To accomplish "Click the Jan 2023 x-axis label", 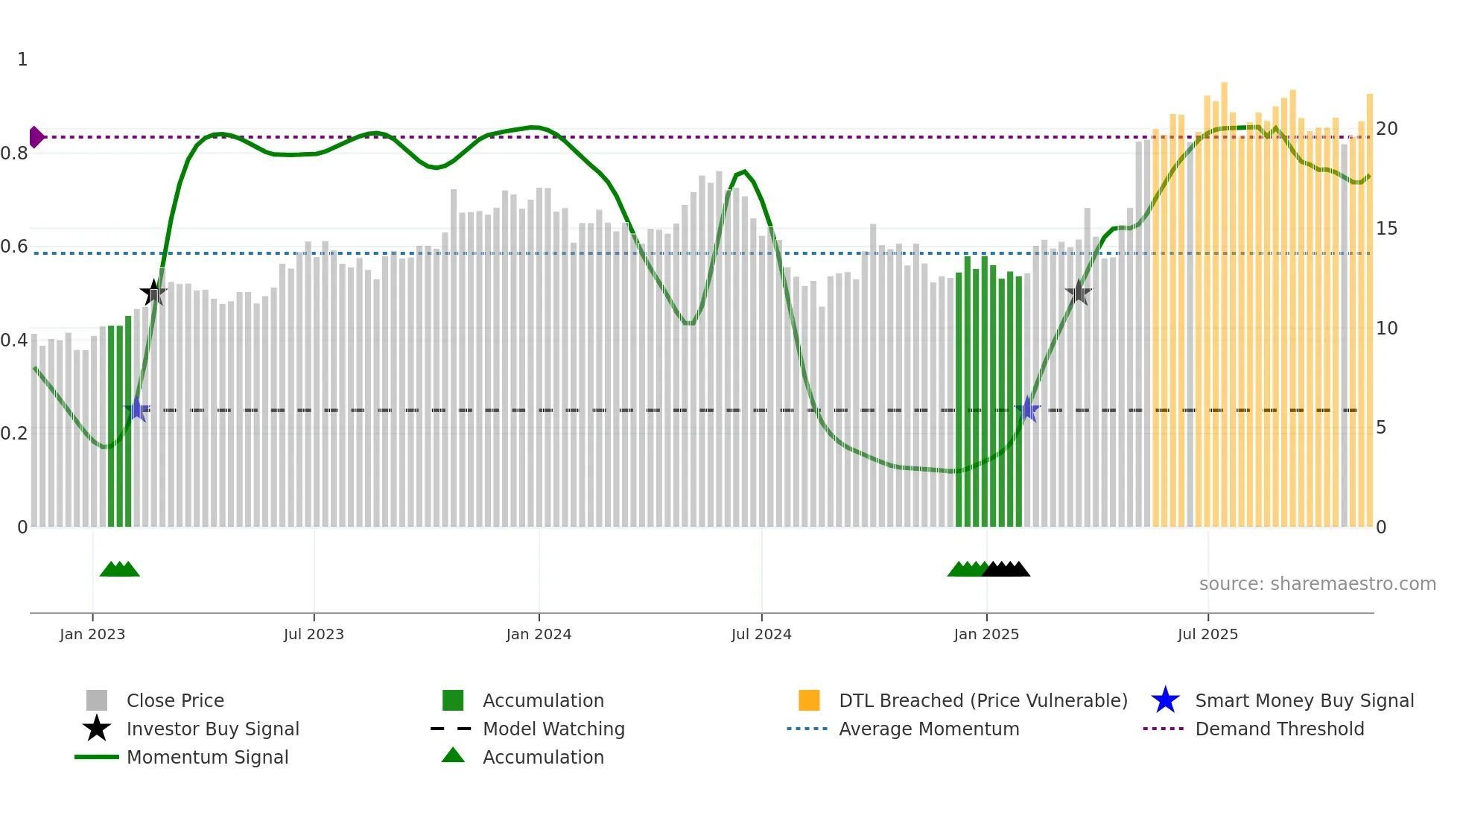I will (x=92, y=634).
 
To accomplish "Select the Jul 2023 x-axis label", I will (x=314, y=634).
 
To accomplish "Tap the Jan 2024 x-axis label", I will (x=539, y=634).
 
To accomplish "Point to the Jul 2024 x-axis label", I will (x=761, y=634).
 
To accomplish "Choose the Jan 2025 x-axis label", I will (x=986, y=634).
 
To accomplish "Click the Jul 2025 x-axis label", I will (x=1207, y=634).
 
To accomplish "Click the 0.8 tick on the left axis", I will (x=14, y=153).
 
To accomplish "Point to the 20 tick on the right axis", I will (x=1386, y=129).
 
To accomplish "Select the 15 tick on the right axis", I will (x=1386, y=229).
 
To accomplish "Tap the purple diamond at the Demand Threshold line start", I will (x=36, y=137).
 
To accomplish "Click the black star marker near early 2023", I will (x=153, y=293).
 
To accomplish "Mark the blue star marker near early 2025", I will (x=1027, y=409).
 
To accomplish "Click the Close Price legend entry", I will (x=175, y=700).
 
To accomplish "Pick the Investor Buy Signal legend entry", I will (x=212, y=729).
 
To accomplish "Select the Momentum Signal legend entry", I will (x=207, y=757).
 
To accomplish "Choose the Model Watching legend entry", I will (x=553, y=729).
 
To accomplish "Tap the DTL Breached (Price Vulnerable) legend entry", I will (x=983, y=700).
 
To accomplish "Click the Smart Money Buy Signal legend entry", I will (x=1304, y=700).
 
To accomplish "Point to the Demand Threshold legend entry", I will (x=1279, y=729).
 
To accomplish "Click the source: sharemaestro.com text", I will (x=1317, y=584).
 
